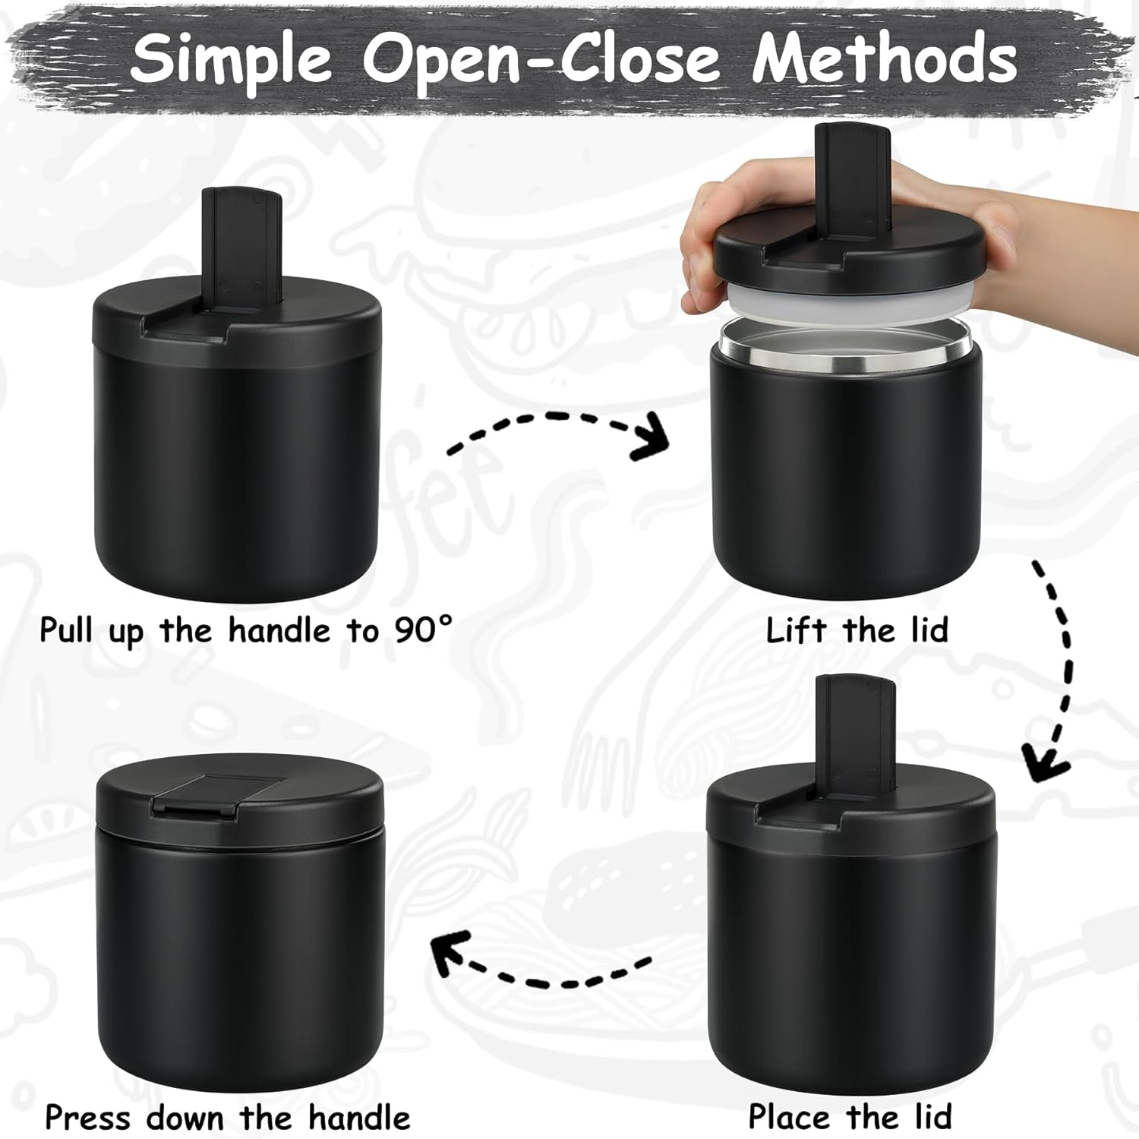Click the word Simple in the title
(x=231, y=59)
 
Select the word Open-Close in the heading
(x=541, y=59)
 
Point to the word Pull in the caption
(x=67, y=630)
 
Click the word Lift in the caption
(x=796, y=630)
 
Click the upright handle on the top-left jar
(x=241, y=247)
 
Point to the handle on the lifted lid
(x=851, y=182)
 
